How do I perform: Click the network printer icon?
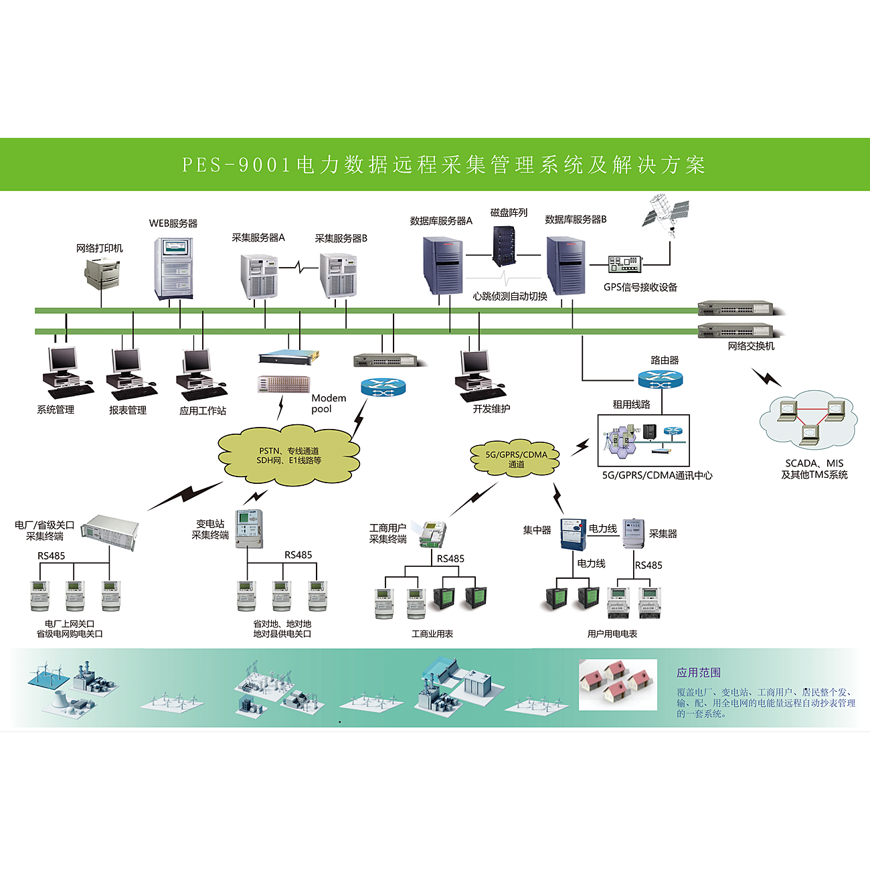click(102, 274)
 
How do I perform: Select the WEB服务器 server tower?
click(173, 268)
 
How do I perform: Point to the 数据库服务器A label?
click(441, 221)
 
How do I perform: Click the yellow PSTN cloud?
click(289, 456)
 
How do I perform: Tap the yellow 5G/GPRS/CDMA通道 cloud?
click(516, 458)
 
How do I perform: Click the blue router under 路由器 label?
click(661, 379)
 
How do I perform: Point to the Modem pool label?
click(329, 403)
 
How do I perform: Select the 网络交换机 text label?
click(751, 346)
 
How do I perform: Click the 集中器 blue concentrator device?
click(573, 534)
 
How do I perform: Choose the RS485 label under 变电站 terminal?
click(298, 555)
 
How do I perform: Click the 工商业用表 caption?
click(432, 634)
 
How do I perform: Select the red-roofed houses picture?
click(618, 684)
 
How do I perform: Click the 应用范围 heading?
click(699, 673)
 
